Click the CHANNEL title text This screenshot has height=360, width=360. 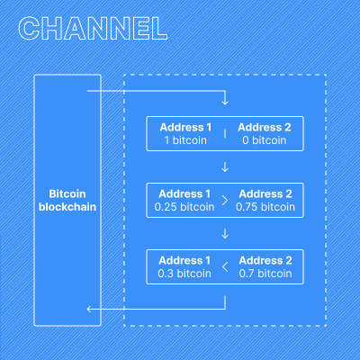[93, 27]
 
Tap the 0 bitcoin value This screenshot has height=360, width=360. [264, 139]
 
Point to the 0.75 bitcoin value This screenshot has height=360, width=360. [265, 206]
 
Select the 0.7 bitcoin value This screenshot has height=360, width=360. [265, 273]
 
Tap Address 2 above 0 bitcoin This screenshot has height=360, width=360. [264, 127]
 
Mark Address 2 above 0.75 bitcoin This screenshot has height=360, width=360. [265, 193]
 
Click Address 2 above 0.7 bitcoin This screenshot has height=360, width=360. [265, 260]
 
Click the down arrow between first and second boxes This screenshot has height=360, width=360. [224, 166]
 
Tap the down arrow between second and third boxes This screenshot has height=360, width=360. [224, 233]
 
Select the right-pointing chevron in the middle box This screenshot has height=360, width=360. [224, 200]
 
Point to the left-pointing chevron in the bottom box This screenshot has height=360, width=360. [224, 266]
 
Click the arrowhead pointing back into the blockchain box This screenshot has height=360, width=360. [89, 310]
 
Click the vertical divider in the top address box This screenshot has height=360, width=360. [224, 133]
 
